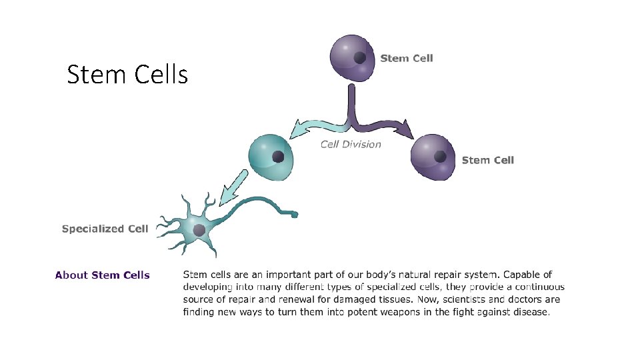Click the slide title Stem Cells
(127, 75)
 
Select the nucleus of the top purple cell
(360, 58)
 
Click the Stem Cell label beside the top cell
(406, 58)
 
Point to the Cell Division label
(351, 144)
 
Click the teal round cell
(269, 157)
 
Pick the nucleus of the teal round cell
(278, 157)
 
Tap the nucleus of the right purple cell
(440, 157)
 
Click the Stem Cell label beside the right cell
(487, 160)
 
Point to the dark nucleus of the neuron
(199, 230)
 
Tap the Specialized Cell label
(105, 229)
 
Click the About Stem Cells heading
(102, 275)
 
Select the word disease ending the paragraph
(529, 312)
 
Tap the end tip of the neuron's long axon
(294, 215)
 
